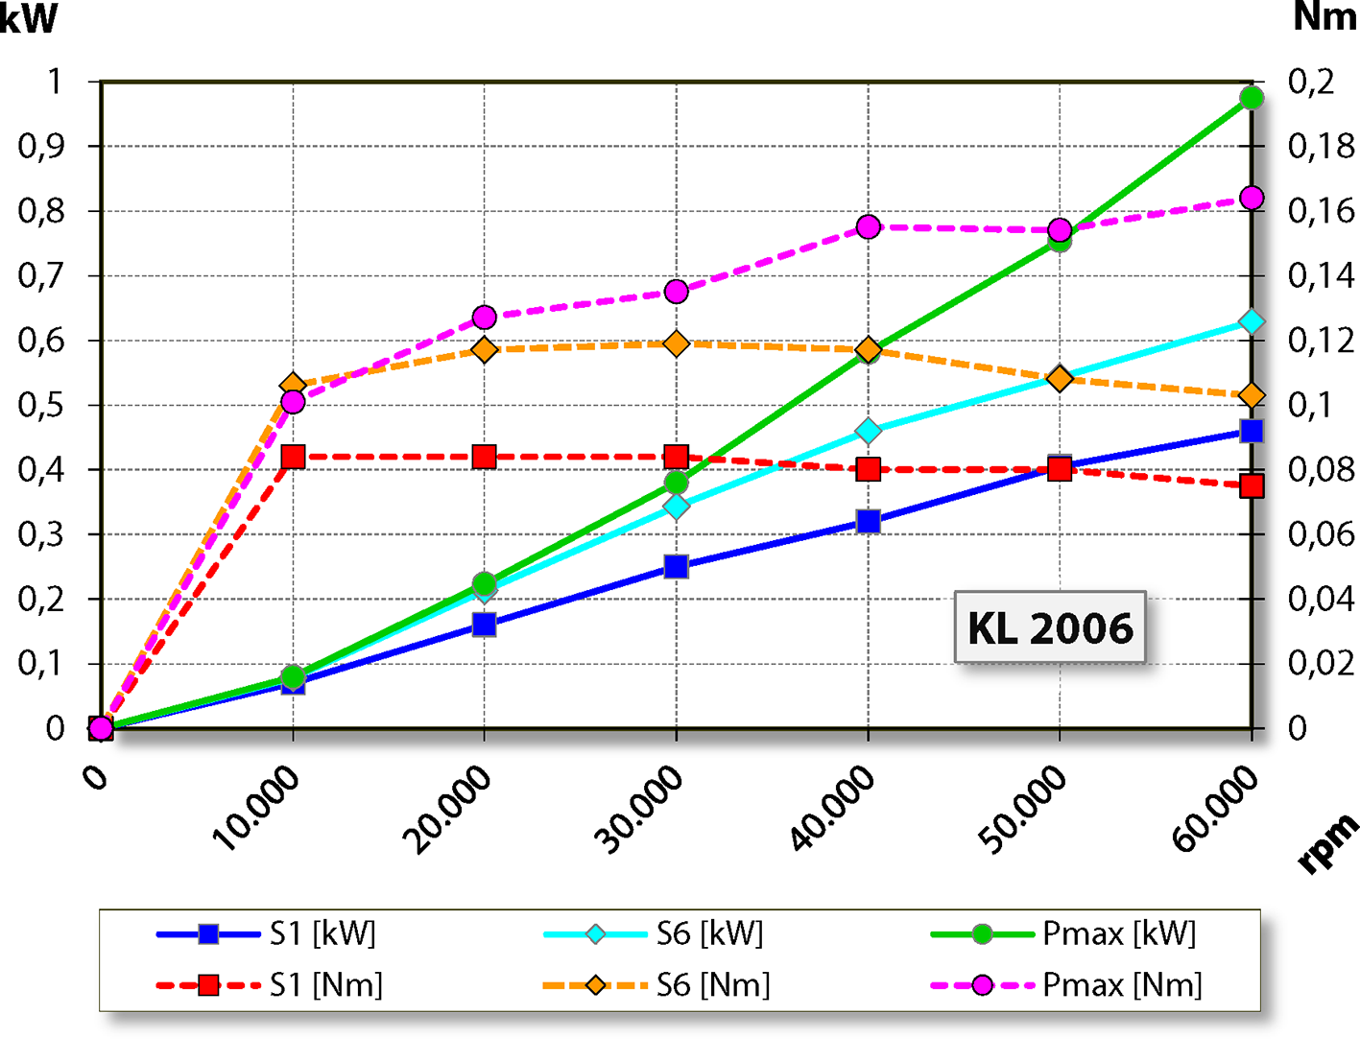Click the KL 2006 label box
pos(1050,627)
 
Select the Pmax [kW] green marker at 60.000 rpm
pos(1251,98)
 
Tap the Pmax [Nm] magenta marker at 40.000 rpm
pos(869,226)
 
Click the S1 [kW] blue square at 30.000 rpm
pos(676,566)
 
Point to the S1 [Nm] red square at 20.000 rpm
pos(484,457)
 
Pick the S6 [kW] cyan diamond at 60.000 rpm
pos(1251,321)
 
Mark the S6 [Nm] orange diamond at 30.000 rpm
pos(676,343)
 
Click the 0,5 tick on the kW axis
pos(40,405)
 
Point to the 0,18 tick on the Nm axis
pos(1321,146)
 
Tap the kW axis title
pos(29,19)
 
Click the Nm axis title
pos(1324,17)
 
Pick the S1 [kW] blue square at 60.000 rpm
pos(1251,431)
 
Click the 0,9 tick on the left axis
pos(40,146)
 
